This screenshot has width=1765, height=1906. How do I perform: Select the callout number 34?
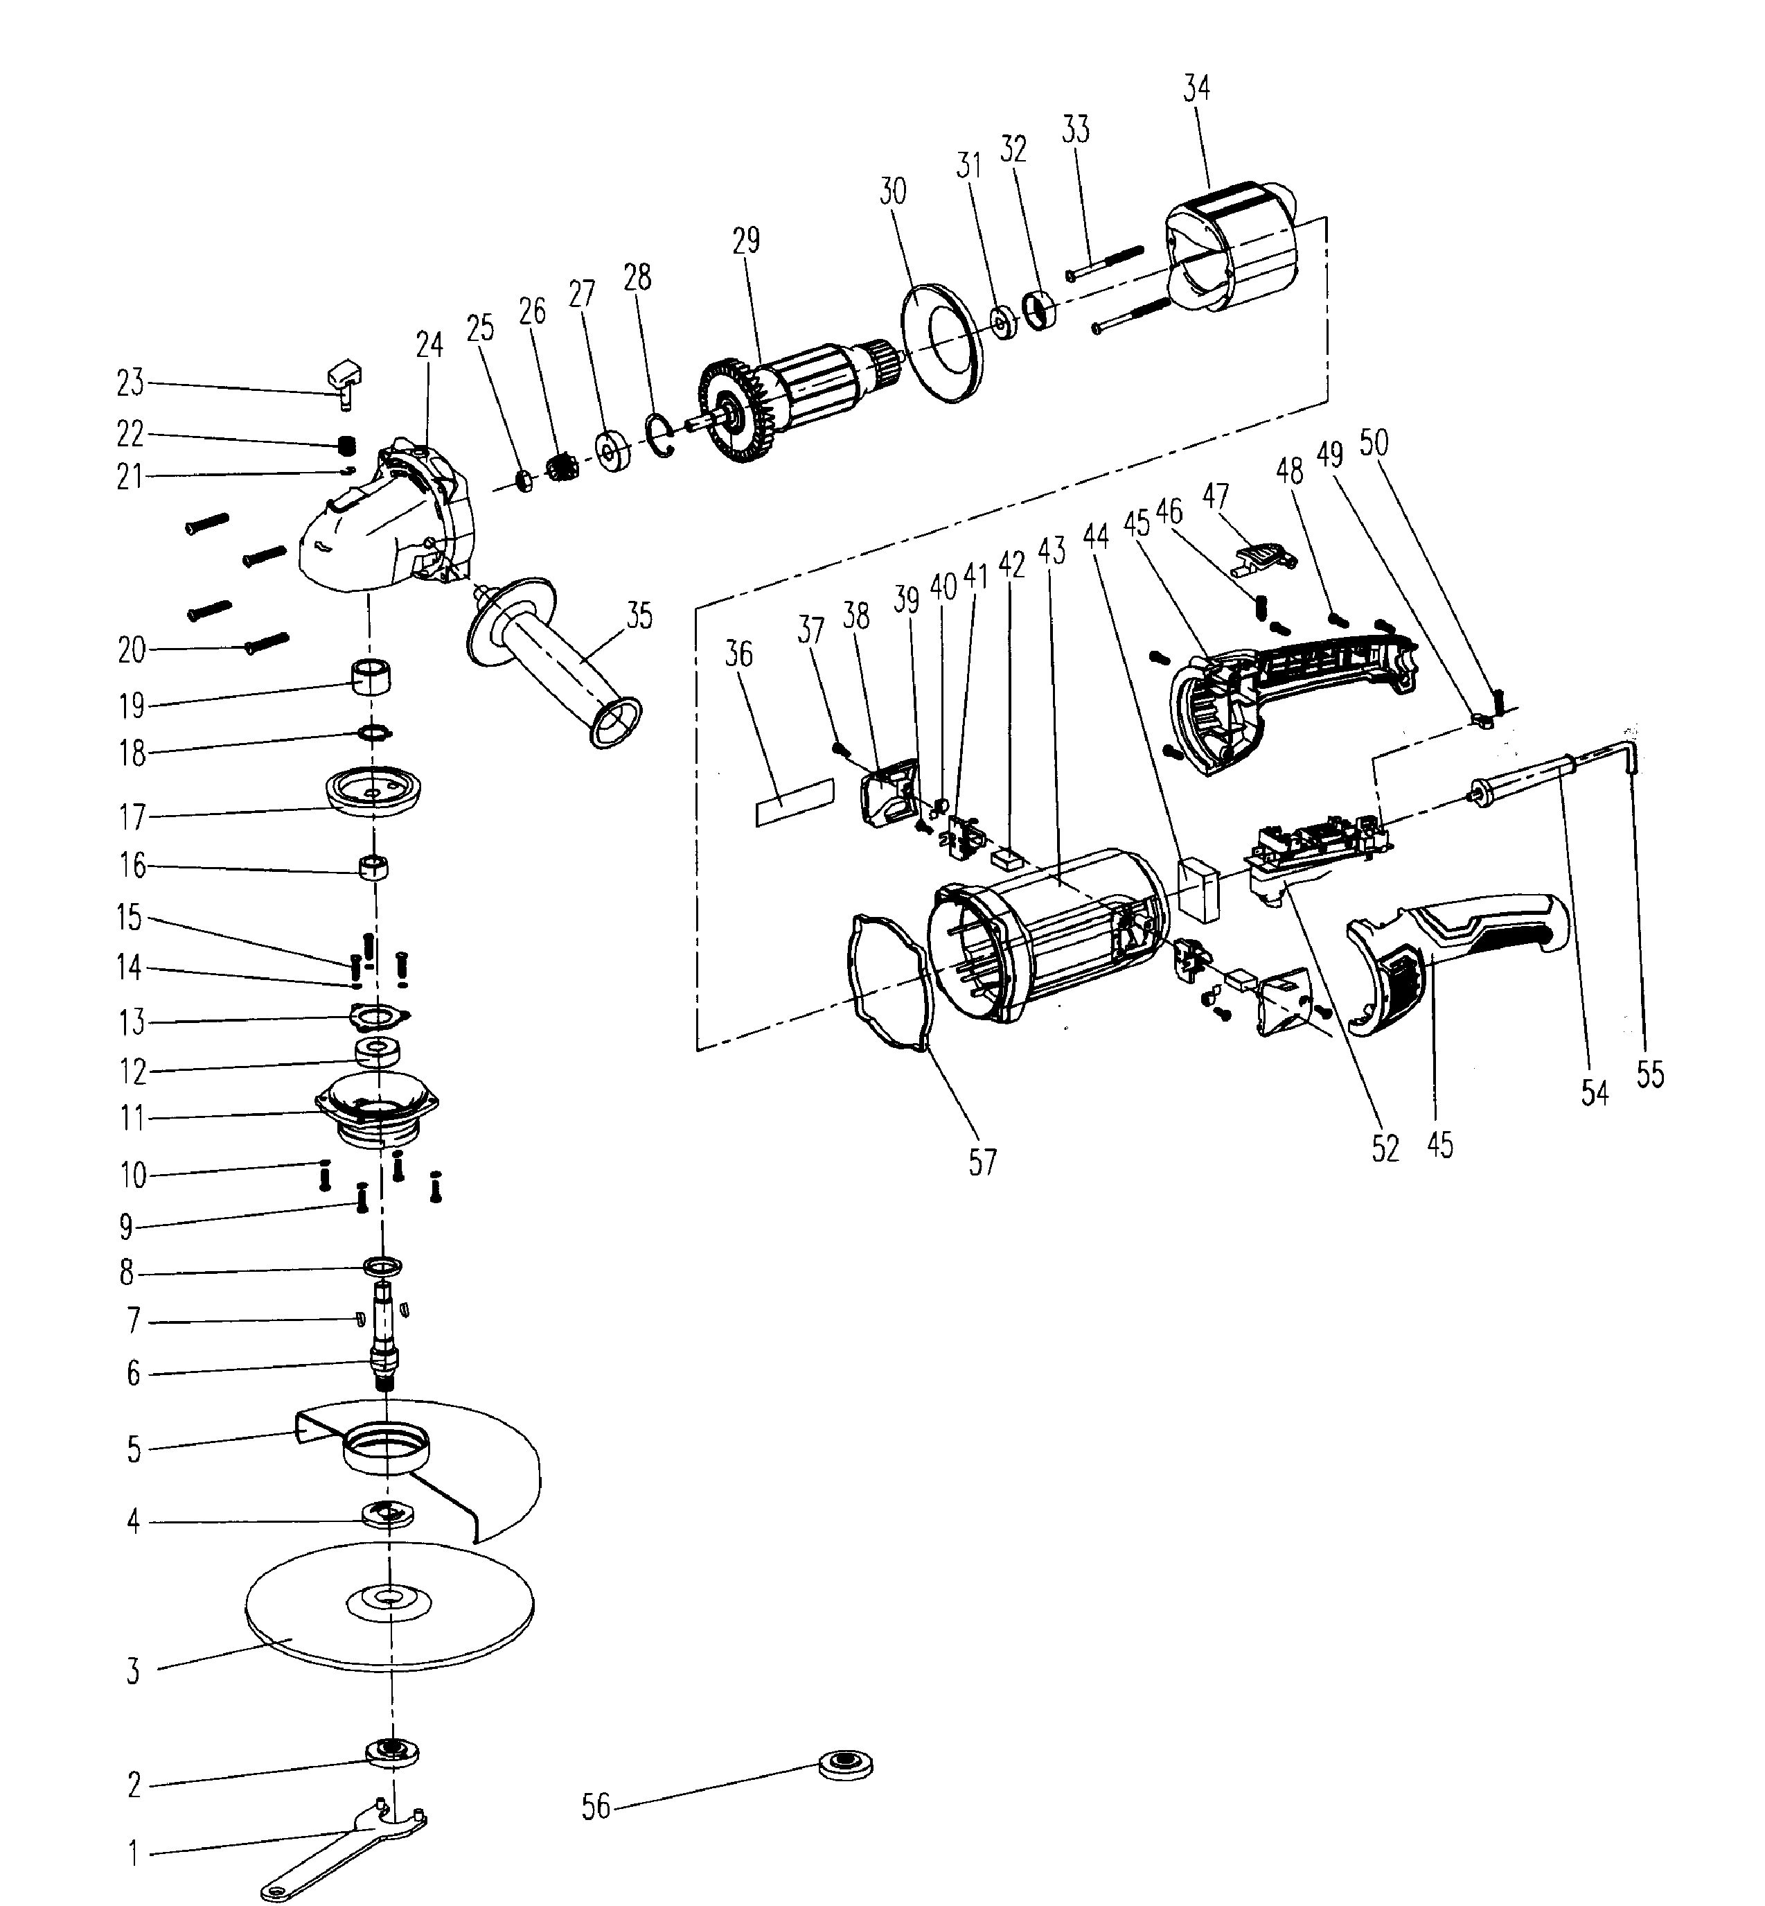1196,89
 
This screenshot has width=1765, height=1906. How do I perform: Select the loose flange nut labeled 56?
846,1765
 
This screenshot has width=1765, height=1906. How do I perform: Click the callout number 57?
982,1162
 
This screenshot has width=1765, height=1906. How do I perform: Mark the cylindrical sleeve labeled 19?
373,679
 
